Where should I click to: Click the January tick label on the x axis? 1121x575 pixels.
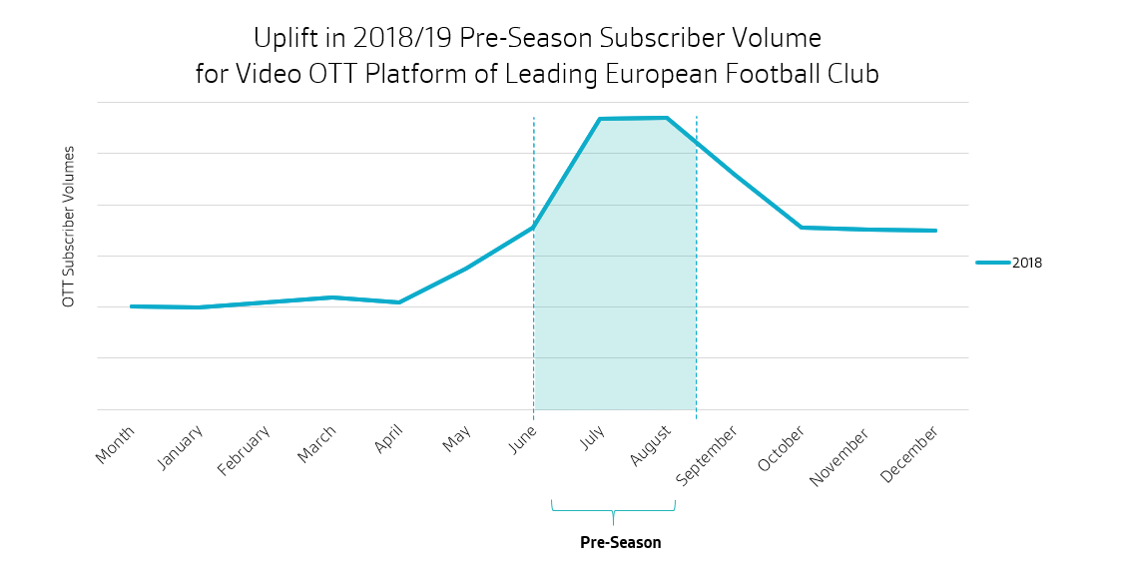(181, 446)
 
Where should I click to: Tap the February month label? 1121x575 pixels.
(244, 451)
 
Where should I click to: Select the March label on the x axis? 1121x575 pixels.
(316, 444)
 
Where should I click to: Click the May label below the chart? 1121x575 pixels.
(457, 438)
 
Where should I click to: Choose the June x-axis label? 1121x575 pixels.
(523, 438)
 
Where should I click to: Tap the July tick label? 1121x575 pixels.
(593, 437)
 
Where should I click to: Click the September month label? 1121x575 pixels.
(707, 455)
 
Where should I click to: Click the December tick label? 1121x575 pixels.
(909, 455)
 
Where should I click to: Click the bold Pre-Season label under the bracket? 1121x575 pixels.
(620, 543)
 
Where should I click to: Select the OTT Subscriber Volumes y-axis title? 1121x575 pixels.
(69, 227)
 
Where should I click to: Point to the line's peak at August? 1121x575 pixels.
(666, 118)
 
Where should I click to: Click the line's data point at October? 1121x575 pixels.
(801, 228)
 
